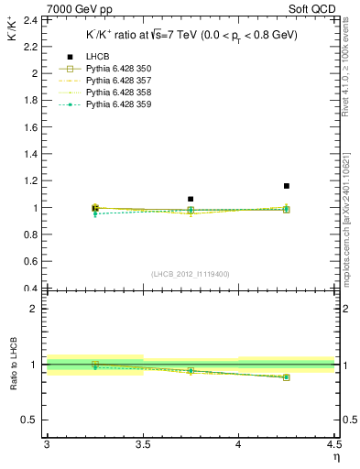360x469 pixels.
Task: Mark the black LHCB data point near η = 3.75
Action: pyautogui.click(x=191, y=199)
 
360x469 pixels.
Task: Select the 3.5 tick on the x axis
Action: pyautogui.click(x=142, y=444)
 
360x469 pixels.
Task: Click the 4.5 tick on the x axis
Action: pyautogui.click(x=334, y=444)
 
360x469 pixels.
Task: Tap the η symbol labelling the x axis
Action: pyautogui.click(x=335, y=457)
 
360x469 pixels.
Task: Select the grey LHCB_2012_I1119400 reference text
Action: pyautogui.click(x=190, y=274)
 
